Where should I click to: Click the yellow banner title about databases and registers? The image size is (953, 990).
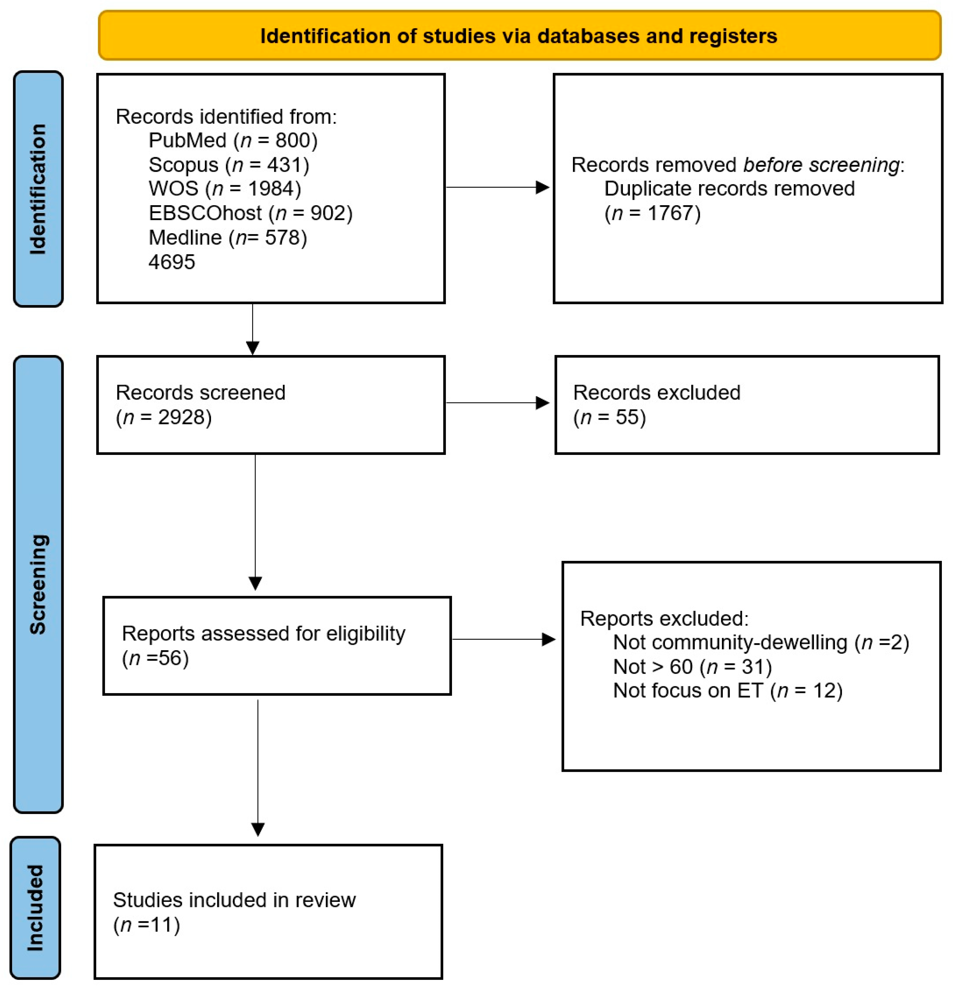pos(519,36)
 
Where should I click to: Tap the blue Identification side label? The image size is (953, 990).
pos(38,189)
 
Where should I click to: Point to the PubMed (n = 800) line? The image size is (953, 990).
pos(233,140)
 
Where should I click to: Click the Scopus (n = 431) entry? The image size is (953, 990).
pos(229,165)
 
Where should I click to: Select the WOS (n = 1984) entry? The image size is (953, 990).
pos(224,188)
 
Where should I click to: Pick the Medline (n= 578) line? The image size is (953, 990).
pos(227,237)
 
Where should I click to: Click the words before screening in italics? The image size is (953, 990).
pos(821,165)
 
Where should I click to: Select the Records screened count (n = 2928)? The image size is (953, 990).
pos(164,417)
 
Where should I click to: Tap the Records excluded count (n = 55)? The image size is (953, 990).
pos(610,417)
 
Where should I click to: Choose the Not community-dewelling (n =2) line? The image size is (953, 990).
pos(760,643)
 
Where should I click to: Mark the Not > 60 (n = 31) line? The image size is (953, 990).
pos(692,667)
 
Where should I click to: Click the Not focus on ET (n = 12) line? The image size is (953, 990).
pos(728,690)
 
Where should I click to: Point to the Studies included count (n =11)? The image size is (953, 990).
pos(146,925)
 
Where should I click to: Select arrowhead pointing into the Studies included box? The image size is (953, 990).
pos(258,830)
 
